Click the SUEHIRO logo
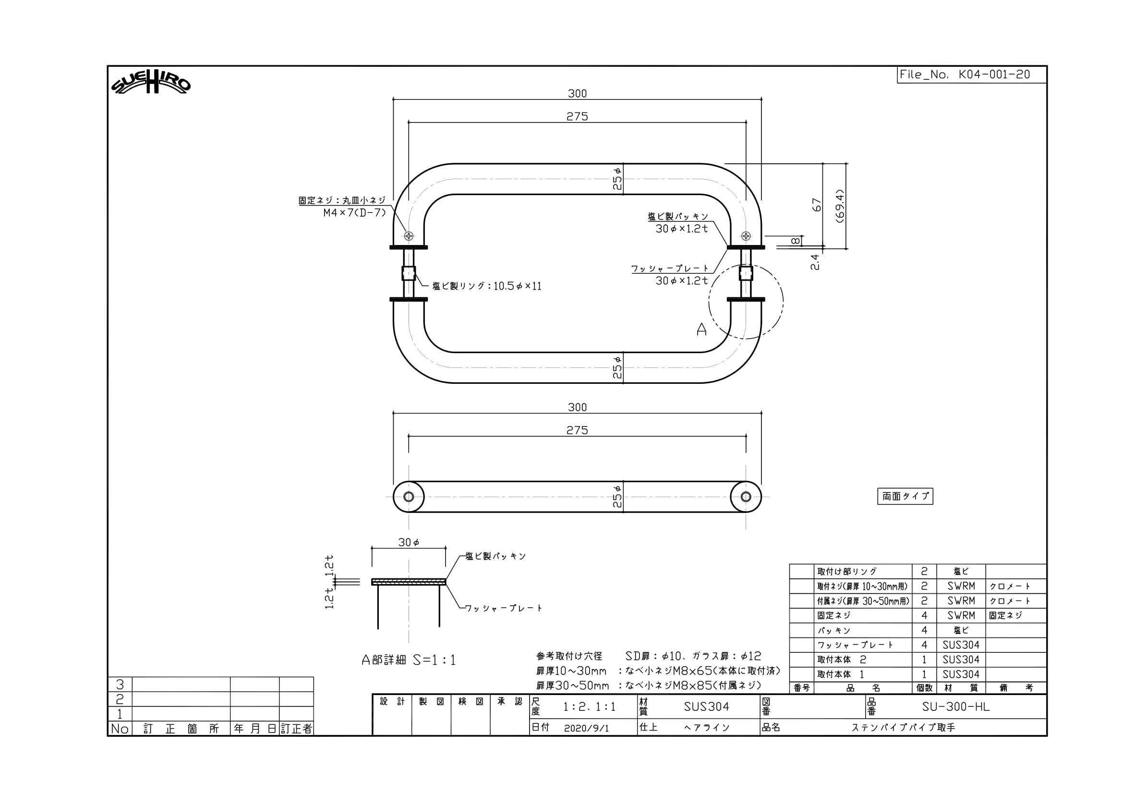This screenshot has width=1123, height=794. tap(151, 86)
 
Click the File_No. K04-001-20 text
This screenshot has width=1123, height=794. tap(965, 75)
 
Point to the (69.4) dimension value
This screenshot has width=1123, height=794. tap(840, 206)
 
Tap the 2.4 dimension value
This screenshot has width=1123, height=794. tap(815, 262)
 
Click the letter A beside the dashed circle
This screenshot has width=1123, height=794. tap(701, 330)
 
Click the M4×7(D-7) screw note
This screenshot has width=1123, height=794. tap(355, 213)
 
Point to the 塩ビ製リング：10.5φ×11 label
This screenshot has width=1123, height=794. tap(487, 286)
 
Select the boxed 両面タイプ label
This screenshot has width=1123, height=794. tap(906, 496)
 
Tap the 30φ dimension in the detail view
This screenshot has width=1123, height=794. tap(409, 542)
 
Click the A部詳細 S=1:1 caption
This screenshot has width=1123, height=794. tap(409, 660)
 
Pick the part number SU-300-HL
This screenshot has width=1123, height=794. tap(956, 707)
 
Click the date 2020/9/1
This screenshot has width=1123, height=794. tap(586, 728)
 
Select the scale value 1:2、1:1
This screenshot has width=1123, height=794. tap(590, 707)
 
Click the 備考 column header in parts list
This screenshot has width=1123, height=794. tap(1016, 688)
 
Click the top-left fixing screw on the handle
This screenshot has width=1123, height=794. tap(409, 236)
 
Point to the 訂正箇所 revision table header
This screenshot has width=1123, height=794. tap(181, 729)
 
